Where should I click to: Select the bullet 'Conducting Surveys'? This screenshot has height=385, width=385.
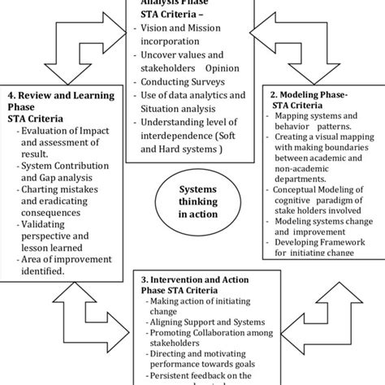click(x=184, y=81)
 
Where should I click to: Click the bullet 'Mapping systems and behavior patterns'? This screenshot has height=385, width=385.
click(x=317, y=122)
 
